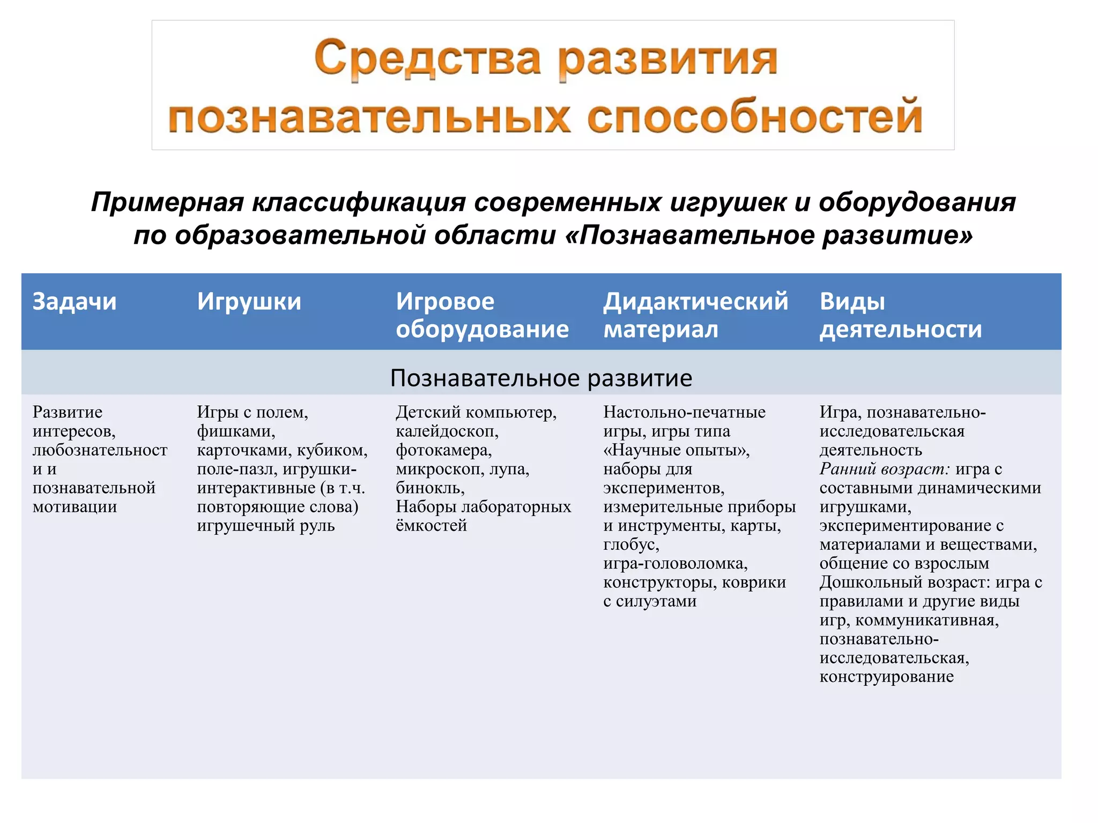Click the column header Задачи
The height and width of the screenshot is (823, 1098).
(x=74, y=302)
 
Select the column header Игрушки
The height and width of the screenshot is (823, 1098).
(x=249, y=302)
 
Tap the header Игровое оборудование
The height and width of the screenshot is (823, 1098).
(x=481, y=315)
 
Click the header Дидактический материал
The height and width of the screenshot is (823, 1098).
(x=695, y=315)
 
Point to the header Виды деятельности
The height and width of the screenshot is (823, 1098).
(x=900, y=315)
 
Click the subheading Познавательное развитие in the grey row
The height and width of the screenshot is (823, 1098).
(x=541, y=378)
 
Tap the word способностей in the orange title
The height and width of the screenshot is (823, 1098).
(x=754, y=117)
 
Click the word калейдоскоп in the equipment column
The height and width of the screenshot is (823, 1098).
(x=447, y=431)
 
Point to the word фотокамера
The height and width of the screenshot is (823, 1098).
(x=443, y=450)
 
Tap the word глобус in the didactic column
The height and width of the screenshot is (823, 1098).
(x=630, y=544)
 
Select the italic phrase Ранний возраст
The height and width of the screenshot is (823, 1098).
(x=884, y=469)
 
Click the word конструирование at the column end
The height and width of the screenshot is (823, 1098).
(x=886, y=677)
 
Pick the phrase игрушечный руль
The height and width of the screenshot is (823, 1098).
(x=265, y=526)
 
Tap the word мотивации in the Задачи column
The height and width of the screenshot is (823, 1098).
(x=75, y=507)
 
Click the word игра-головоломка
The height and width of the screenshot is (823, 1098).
(x=675, y=563)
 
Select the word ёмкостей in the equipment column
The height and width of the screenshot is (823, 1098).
(x=431, y=526)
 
